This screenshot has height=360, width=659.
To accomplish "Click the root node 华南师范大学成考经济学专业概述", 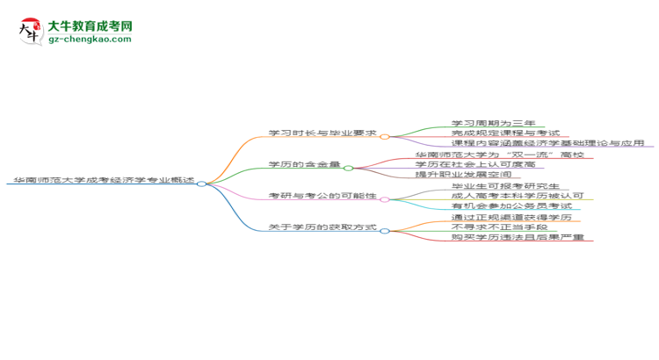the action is pos(104,180).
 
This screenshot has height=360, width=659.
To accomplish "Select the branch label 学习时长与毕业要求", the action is pos(322,133).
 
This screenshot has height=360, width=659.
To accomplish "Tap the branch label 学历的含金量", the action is pos(304,164).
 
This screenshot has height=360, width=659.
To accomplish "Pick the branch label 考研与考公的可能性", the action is pos(322,196).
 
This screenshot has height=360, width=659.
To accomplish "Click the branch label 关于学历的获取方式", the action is pos(322,227).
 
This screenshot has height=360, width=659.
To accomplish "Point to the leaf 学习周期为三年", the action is pos(494,123).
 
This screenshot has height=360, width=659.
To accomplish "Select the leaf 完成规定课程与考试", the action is pos(505,133).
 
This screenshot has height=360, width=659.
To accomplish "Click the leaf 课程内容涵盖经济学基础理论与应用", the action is pos(548,143).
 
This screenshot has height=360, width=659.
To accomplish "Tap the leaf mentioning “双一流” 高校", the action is pos(500,155).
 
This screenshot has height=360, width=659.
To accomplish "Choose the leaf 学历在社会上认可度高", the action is pos(475,164).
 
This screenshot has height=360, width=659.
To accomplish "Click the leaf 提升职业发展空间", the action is pos(463,174).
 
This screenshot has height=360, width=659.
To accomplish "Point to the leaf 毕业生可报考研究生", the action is pos(505,185).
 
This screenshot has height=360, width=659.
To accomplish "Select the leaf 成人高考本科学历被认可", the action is pos(518,196).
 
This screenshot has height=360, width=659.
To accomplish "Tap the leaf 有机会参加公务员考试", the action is pos(512,205).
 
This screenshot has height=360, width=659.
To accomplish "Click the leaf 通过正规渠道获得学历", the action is pos(512,217).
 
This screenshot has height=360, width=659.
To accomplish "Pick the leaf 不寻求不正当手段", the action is pos(500,227).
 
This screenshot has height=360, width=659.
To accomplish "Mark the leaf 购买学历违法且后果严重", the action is pos(518,237).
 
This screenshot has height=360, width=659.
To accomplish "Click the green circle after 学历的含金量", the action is pos(349,168).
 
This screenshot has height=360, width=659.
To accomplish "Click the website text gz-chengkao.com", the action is pos(90,39).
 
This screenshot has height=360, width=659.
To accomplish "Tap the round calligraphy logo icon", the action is pos(31,32).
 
